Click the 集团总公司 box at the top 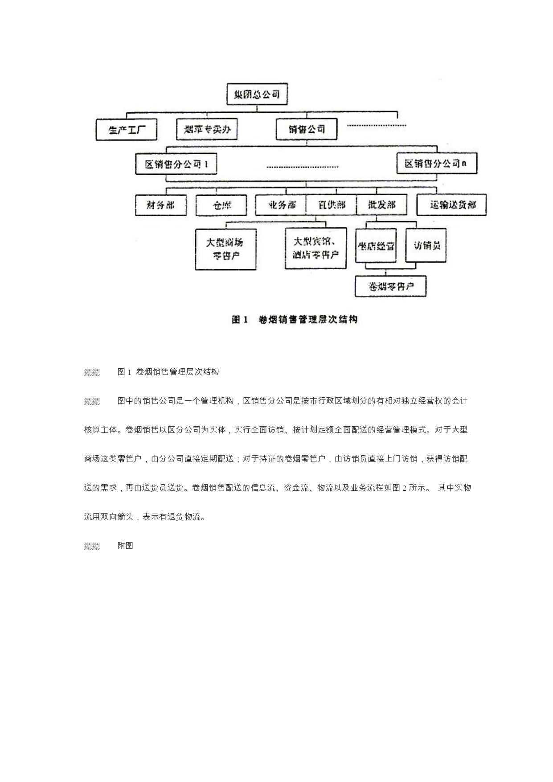[257, 94]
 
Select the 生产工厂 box [127, 130]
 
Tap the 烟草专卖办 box [207, 129]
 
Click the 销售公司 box [307, 129]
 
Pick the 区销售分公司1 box [176, 164]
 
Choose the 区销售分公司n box [437, 164]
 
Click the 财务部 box [160, 205]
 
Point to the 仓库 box [221, 206]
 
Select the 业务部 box [281, 205]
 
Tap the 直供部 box [331, 205]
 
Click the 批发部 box [382, 205]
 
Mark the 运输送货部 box [451, 205]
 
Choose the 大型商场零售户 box [225, 249]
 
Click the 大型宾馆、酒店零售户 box [315, 248]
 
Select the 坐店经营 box [376, 246]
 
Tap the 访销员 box [426, 245]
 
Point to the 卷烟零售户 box [390, 286]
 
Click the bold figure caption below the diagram [294, 320]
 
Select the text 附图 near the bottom [125, 546]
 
